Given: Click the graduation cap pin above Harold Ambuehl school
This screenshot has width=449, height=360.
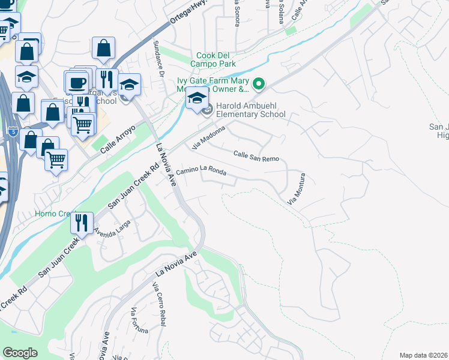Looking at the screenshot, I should click(x=197, y=98).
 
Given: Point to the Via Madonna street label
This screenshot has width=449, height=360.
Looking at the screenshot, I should click(x=208, y=137).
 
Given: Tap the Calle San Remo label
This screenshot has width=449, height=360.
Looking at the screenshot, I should click(x=256, y=155).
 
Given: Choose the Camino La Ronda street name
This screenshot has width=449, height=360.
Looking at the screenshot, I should click(x=201, y=172).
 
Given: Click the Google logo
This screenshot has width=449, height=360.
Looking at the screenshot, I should click(x=20, y=353).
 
